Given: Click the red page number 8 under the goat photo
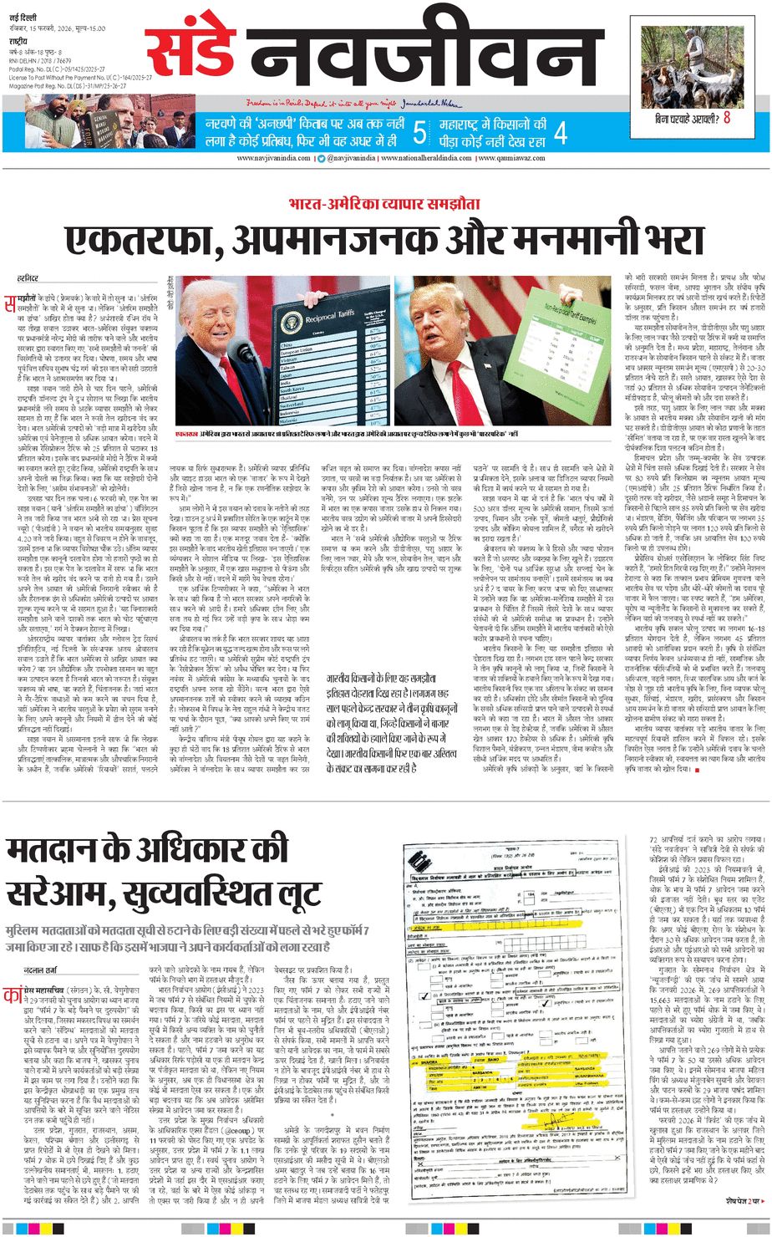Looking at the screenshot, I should pyautogui.click(x=727, y=118).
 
